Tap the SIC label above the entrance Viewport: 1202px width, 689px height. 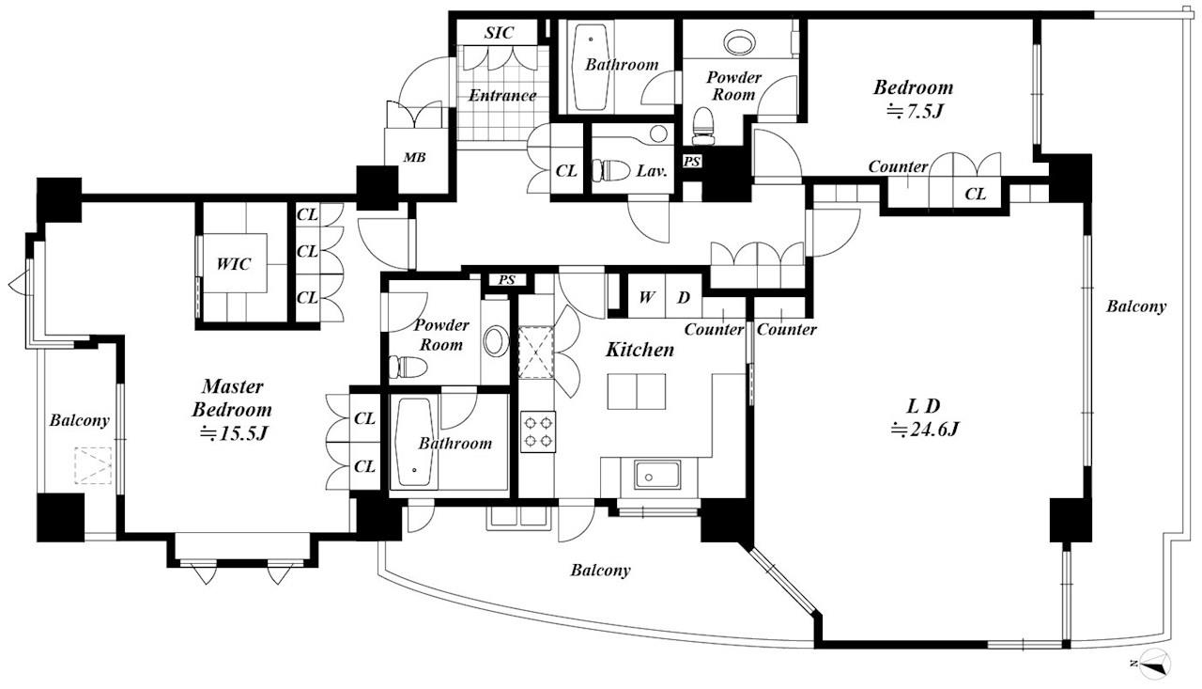499,33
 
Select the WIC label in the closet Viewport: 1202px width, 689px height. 234,264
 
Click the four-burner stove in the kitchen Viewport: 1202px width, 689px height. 538,431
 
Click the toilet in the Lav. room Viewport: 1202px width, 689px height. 610,171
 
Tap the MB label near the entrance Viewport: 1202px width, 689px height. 414,157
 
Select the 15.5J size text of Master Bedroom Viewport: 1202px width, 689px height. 233,432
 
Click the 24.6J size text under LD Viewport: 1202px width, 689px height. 925,430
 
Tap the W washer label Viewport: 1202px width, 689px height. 647,297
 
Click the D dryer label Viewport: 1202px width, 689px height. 683,297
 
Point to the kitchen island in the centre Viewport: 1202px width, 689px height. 637,391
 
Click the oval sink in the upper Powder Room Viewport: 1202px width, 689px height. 739,41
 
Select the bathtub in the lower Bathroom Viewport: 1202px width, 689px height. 414,443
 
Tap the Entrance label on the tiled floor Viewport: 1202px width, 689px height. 502,96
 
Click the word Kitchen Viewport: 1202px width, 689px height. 640,350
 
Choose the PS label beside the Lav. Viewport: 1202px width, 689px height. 692,161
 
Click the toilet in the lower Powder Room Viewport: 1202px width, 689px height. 408,367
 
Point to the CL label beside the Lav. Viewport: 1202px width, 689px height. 566,171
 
